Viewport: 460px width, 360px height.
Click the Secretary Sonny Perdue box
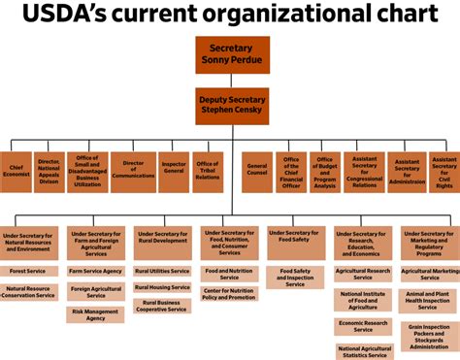point(231,54)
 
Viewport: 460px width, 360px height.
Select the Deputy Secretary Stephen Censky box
point(231,104)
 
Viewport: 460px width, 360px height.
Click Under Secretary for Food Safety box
point(296,243)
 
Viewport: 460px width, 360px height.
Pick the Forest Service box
point(28,271)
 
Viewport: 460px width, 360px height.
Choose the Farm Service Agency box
point(96,271)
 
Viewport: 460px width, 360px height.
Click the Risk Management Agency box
point(96,313)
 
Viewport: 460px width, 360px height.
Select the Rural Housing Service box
point(162,287)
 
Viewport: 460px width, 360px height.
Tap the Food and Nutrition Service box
point(229,275)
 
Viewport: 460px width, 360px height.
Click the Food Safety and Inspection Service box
point(296,278)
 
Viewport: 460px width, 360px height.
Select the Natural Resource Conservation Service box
point(28,292)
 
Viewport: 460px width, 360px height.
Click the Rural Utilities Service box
point(162,271)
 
